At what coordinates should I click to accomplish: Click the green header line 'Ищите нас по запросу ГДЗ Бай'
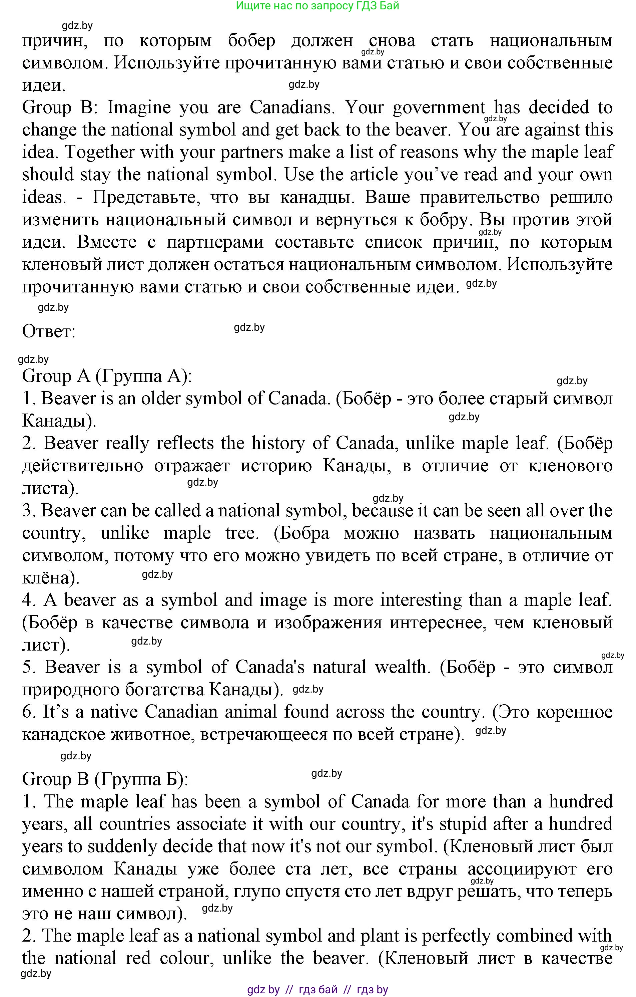317,6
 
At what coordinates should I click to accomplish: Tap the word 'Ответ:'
49,332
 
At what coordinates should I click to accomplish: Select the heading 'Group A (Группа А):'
107,377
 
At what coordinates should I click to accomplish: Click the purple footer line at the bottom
317,990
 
